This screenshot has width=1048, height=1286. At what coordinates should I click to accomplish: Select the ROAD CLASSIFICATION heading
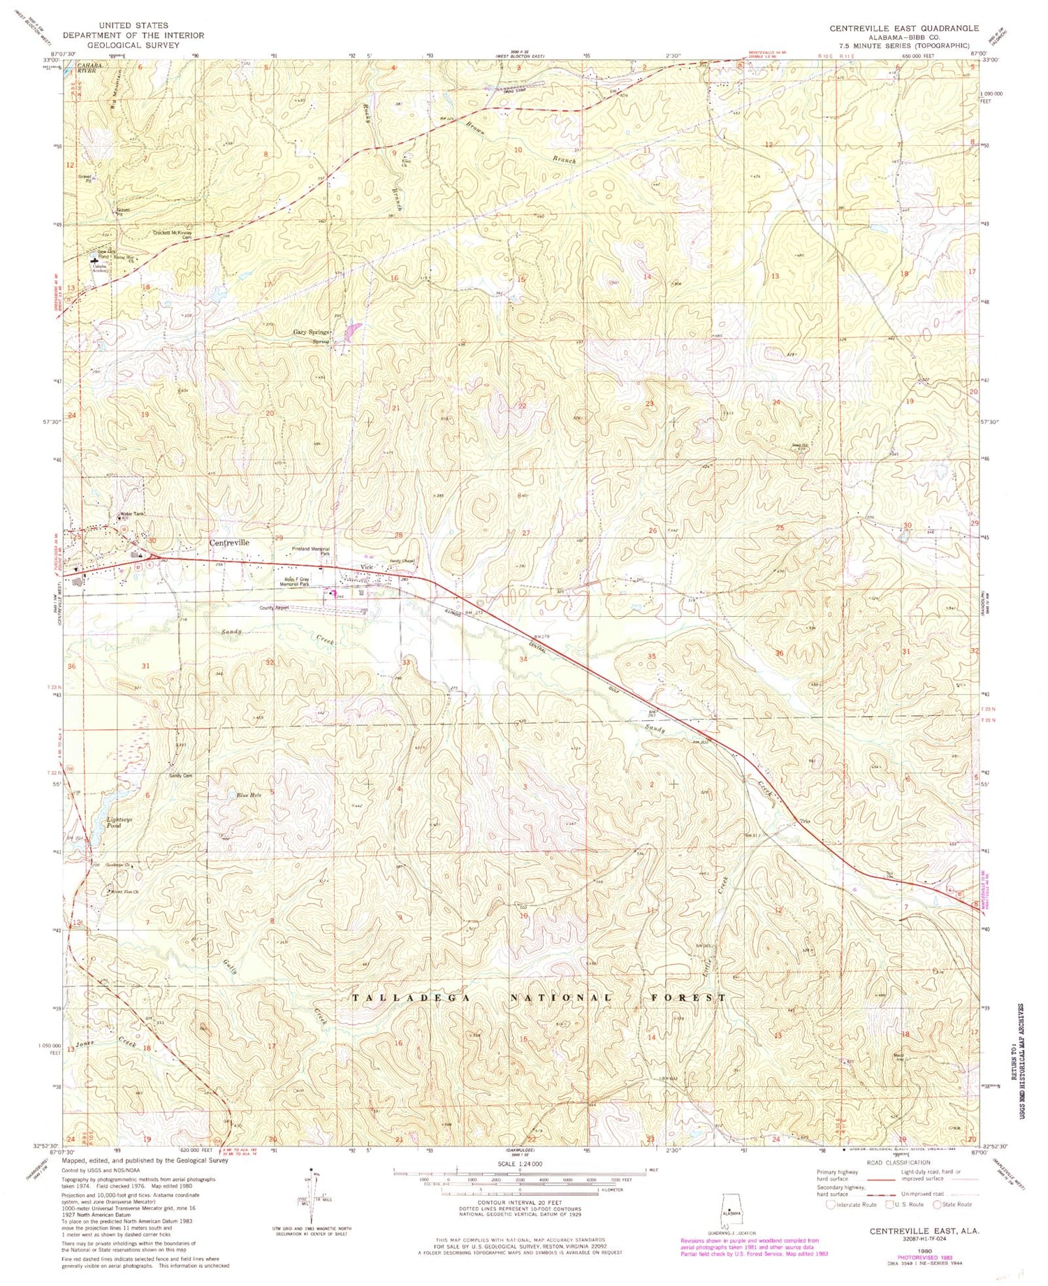[x=897, y=1162]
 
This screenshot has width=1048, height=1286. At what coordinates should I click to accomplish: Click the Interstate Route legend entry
[x=851, y=1204]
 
